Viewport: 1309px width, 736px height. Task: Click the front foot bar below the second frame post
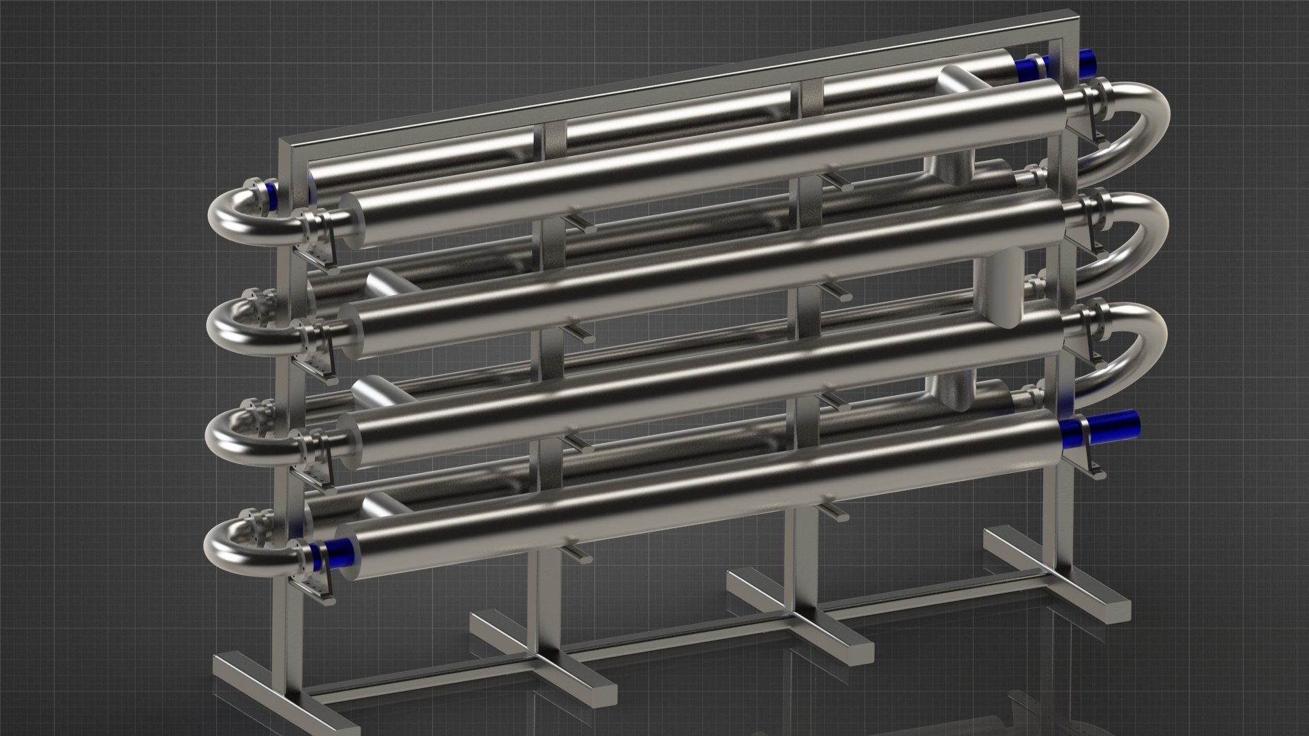coord(545,644)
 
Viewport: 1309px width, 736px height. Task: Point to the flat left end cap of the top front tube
coord(352,221)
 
